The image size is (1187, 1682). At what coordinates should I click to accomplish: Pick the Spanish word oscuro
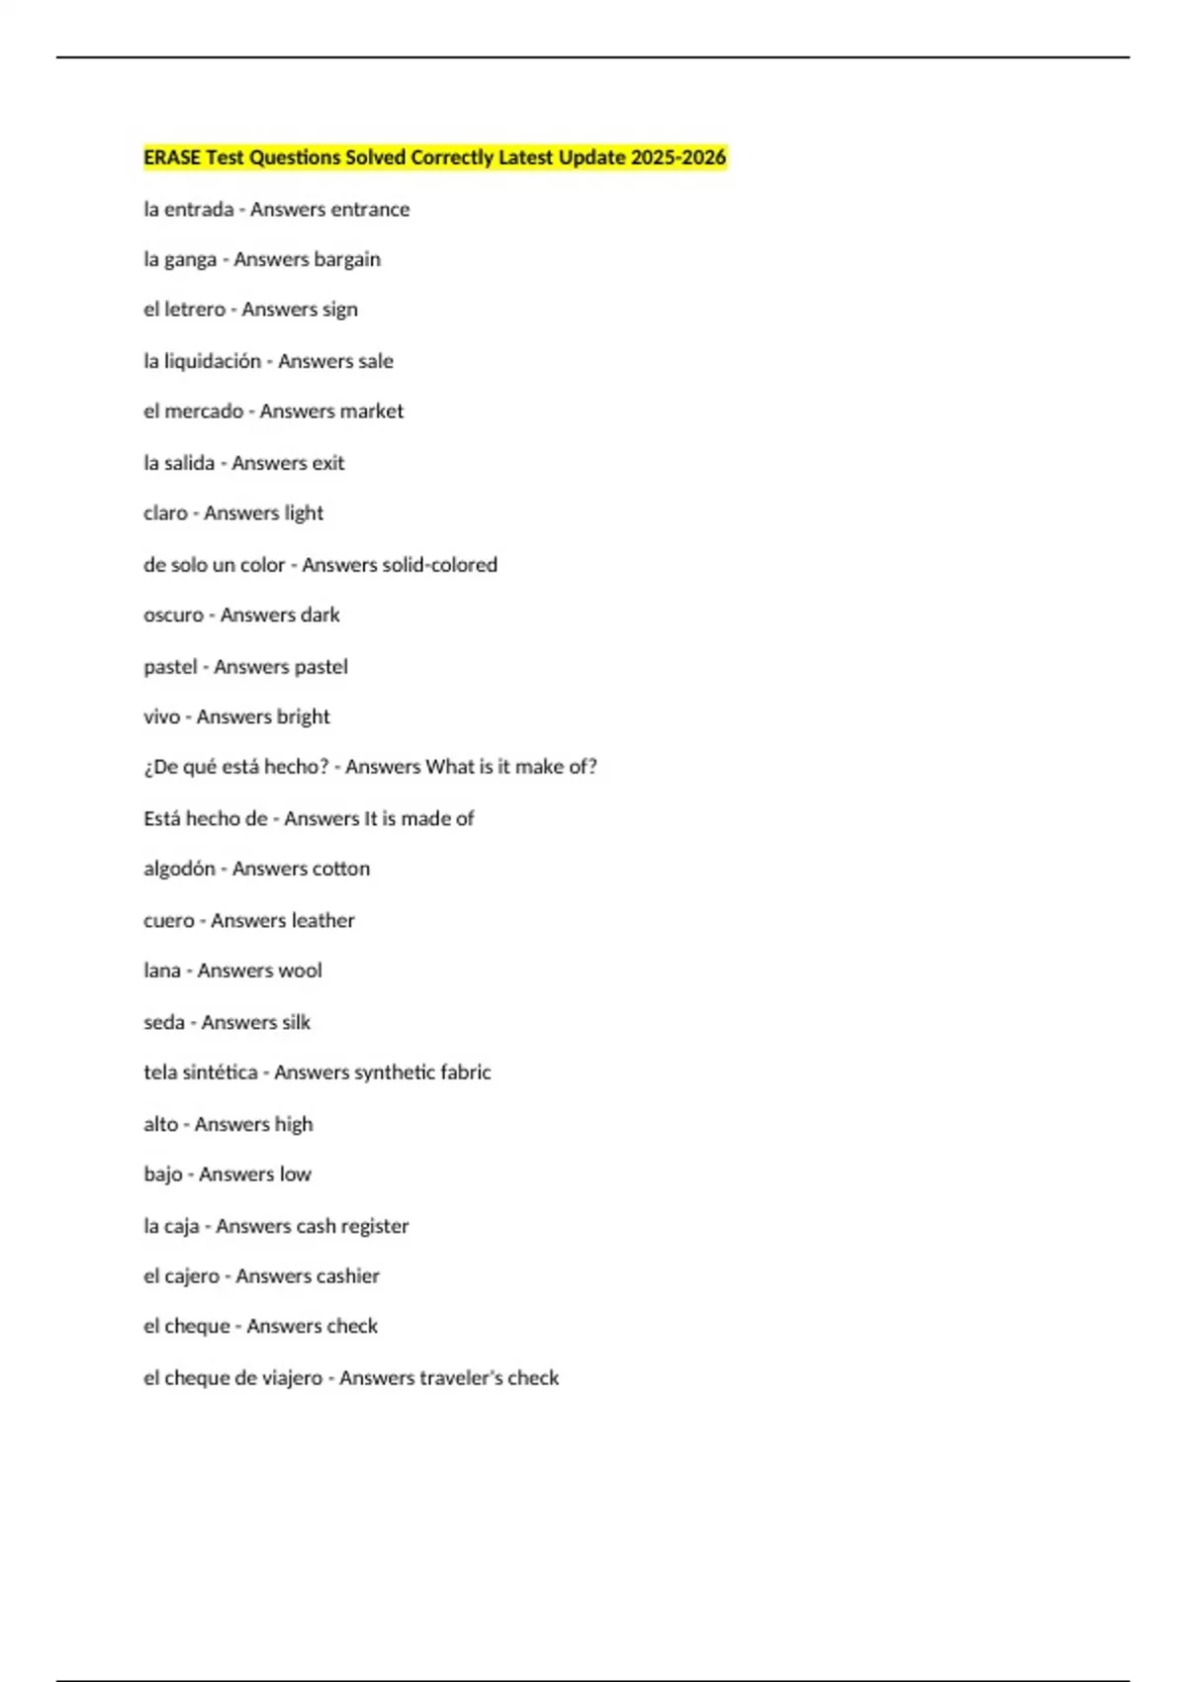173,615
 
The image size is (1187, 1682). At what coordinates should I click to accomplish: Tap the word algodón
179,869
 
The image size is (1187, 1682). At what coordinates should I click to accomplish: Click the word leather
319,920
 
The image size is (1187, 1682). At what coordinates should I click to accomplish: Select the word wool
300,971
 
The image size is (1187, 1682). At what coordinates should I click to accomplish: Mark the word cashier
343,1276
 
